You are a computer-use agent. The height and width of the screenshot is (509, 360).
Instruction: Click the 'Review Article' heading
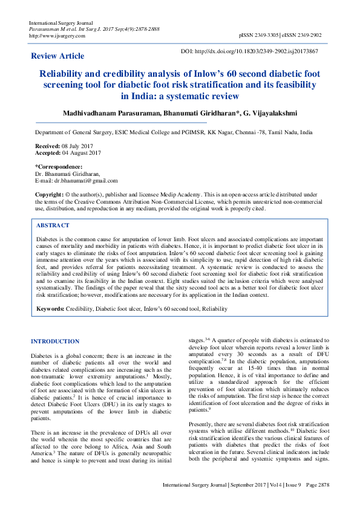57,56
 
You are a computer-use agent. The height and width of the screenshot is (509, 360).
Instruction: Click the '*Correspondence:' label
59,166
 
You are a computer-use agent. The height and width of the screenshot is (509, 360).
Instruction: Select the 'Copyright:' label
49,194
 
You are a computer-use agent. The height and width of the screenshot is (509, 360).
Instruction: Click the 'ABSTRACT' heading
53,225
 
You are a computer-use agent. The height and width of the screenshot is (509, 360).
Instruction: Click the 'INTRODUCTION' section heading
55,342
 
